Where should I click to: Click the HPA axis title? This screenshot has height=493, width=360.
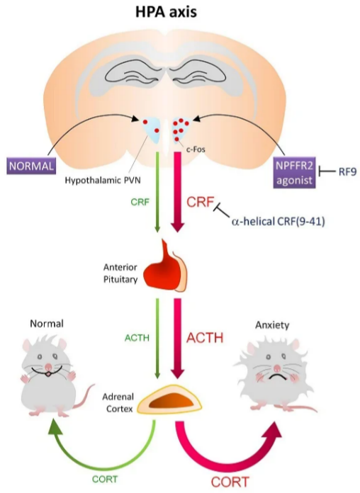tap(166, 12)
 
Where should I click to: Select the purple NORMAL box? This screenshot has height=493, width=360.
tap(31, 166)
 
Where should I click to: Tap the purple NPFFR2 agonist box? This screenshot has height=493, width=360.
tap(294, 173)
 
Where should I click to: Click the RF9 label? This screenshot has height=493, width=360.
tap(347, 172)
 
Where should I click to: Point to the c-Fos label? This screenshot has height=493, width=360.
tap(196, 149)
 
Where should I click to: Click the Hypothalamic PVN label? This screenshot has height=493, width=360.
tap(103, 181)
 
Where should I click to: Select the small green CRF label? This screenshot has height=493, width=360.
tap(140, 202)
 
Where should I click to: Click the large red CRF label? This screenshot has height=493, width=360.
tap(201, 202)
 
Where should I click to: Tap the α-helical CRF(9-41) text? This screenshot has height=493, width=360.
tap(279, 222)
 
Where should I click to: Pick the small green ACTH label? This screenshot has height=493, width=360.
tap(137, 338)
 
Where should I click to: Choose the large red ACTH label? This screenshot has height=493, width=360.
tap(205, 338)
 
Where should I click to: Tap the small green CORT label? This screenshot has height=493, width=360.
tap(105, 479)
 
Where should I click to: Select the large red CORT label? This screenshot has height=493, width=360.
tap(230, 482)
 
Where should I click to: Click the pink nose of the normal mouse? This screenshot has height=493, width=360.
tap(48, 367)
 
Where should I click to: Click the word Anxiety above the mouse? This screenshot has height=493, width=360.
tap(272, 325)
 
